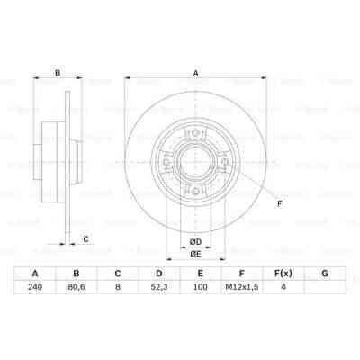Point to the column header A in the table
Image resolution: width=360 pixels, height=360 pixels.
(x=35, y=273)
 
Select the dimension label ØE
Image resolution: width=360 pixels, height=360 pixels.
(x=195, y=254)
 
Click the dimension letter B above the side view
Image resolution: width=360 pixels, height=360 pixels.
(x=58, y=74)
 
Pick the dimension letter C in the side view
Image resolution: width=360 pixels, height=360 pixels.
(x=85, y=238)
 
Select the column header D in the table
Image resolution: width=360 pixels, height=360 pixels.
(x=158, y=273)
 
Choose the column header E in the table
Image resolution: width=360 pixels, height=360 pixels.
(x=199, y=273)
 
